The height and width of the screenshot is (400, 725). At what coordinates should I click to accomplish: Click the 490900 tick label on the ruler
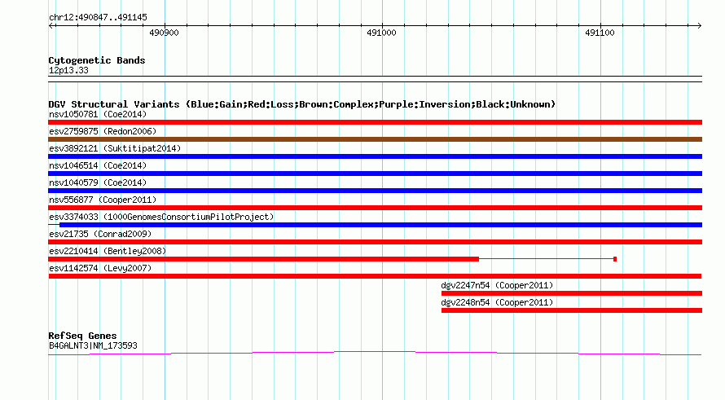pos(164,33)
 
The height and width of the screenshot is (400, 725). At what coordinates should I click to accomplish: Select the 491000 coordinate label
pos(381,33)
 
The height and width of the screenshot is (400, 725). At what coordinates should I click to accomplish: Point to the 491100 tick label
pos(600,33)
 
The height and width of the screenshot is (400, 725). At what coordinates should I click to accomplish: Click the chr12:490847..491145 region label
pos(98,17)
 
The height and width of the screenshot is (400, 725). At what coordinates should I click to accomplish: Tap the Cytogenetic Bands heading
pos(97,60)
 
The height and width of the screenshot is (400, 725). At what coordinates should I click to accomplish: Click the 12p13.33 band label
pos(68,70)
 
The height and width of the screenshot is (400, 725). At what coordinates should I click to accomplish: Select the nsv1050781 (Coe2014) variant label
pos(98,114)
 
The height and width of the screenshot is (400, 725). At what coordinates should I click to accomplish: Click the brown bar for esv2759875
pos(375,139)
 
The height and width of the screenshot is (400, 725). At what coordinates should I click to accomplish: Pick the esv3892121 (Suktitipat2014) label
pos(115,148)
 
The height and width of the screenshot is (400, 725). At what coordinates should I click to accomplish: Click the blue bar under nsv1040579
pos(375,191)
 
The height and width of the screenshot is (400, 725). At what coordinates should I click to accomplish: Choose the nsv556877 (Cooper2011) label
pos(103,200)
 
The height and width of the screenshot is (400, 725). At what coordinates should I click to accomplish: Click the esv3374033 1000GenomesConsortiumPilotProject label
pos(161,217)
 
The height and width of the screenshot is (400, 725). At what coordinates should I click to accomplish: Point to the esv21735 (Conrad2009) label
pos(100,234)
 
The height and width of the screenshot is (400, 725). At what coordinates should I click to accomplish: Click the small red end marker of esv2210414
pos(615,259)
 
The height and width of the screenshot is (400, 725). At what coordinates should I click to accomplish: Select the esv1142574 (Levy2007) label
pos(100,268)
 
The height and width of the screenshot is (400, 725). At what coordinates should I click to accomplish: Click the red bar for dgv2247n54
pos(572,293)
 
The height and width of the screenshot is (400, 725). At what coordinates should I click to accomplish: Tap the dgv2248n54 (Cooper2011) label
pos(497,302)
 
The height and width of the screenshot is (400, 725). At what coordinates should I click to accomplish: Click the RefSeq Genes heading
pos(82,336)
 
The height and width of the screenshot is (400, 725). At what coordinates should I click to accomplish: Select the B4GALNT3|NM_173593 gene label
pos(93,346)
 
